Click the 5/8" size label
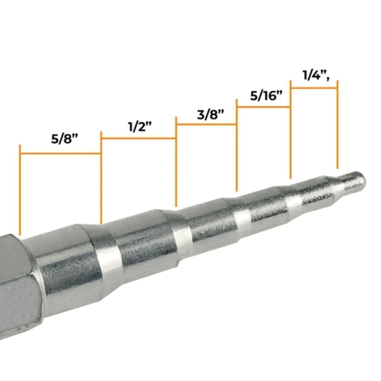64,139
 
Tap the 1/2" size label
140,126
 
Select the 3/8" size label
210,114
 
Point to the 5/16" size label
267,96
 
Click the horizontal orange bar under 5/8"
61,153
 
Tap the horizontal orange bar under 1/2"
139,139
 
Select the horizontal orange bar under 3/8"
207,125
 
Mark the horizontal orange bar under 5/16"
264,107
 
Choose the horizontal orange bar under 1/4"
314,88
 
